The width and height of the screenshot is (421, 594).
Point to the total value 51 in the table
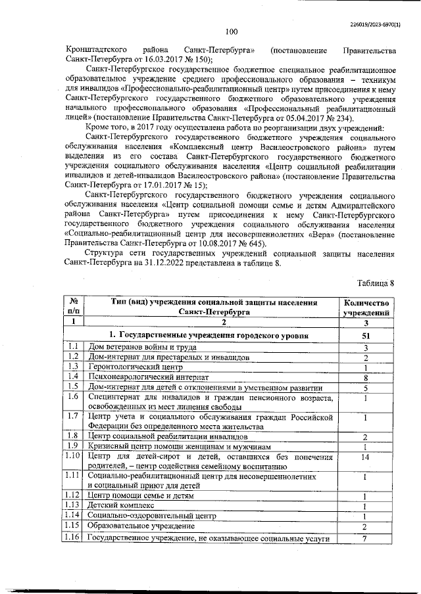pos(365,335)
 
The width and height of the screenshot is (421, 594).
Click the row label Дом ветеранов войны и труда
pos(139,347)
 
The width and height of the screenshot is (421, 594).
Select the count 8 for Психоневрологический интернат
pos(365,378)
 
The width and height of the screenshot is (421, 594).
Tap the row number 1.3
pos(74,367)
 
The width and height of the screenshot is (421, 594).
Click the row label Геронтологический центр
pos(130,367)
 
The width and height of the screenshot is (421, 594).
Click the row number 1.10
pos(74,456)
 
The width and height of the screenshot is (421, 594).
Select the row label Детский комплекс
pos(121,505)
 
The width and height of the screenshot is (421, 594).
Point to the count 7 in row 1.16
pos(365,539)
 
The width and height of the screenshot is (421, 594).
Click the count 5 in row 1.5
pos(365,388)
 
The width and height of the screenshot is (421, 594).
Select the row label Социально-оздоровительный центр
pos(152,516)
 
